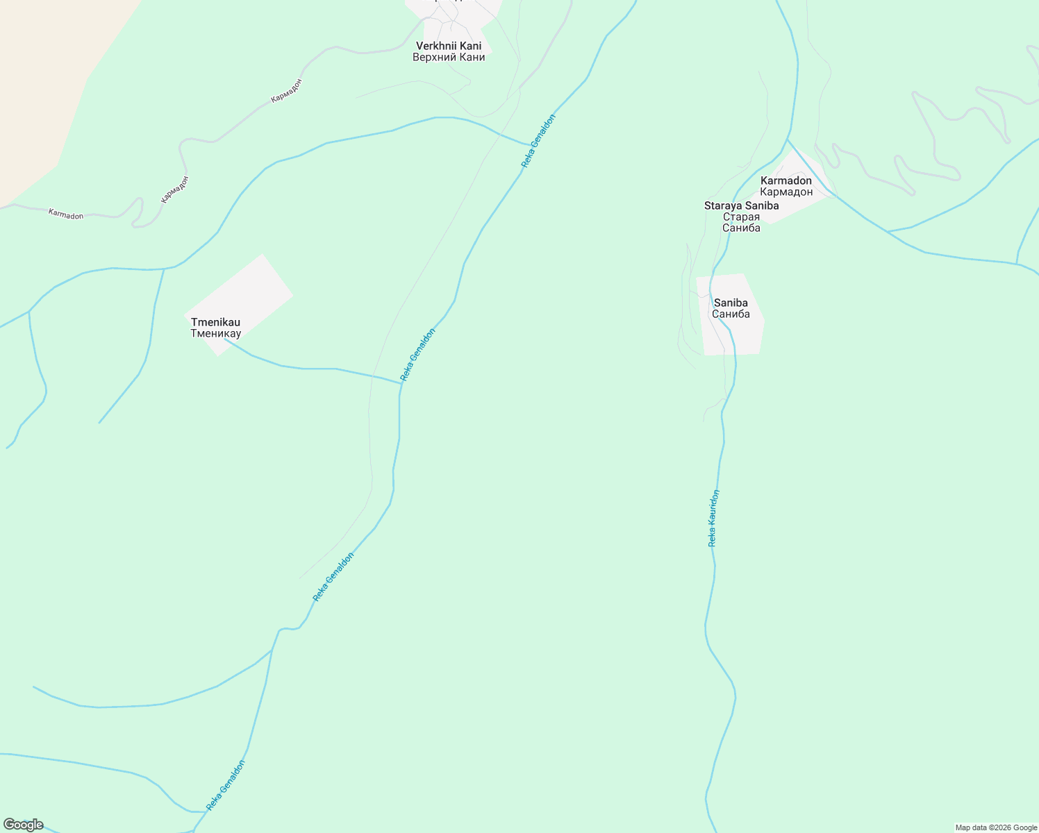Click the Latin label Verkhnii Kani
click(x=449, y=46)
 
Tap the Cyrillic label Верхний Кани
click(x=449, y=58)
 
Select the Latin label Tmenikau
click(x=215, y=322)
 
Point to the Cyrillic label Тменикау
click(x=215, y=334)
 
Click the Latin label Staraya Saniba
click(x=741, y=205)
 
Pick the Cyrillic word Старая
click(x=741, y=217)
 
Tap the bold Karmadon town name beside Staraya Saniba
click(x=786, y=180)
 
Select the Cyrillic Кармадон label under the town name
click(x=786, y=192)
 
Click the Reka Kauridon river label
click(x=713, y=519)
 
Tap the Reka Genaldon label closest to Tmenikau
click(x=418, y=355)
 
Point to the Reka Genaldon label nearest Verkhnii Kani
click(x=539, y=141)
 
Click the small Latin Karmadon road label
click(x=66, y=214)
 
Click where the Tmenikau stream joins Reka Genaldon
click(x=401, y=383)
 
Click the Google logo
click(x=23, y=825)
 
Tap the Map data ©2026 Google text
click(x=996, y=827)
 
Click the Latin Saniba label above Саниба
click(x=731, y=303)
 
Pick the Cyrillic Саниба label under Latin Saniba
click(x=731, y=314)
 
